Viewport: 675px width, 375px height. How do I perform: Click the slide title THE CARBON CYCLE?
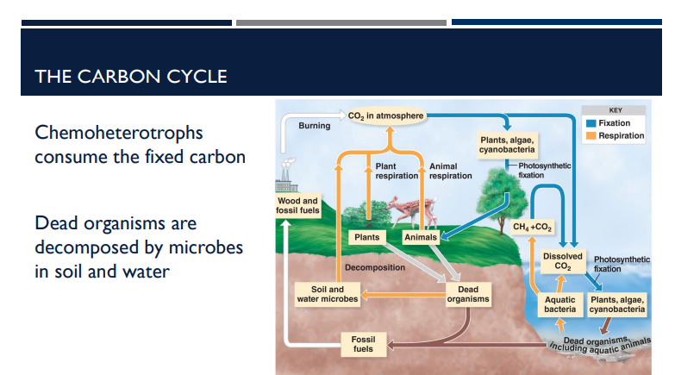click(x=131, y=76)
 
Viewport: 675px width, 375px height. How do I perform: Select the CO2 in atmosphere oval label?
click(x=386, y=115)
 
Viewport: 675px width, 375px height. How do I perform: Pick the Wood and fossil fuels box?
click(x=297, y=206)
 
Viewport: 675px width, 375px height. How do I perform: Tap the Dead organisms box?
click(x=468, y=294)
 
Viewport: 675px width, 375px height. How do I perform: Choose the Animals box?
click(x=421, y=236)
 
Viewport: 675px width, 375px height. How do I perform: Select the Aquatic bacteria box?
click(x=560, y=304)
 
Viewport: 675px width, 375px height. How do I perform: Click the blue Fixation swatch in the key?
click(x=591, y=123)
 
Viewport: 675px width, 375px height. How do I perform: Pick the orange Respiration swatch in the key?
click(x=591, y=135)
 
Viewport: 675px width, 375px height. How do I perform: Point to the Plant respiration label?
click(x=397, y=171)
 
